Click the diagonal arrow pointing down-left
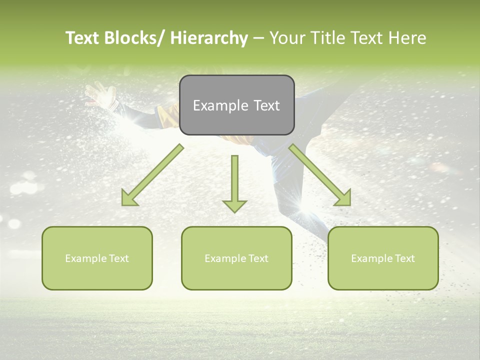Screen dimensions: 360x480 [153, 175]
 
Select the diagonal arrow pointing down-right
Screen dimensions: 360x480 [320, 175]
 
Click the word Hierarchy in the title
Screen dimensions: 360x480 [209, 38]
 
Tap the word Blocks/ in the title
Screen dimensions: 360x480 [133, 38]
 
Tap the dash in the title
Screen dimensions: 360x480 [258, 38]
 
